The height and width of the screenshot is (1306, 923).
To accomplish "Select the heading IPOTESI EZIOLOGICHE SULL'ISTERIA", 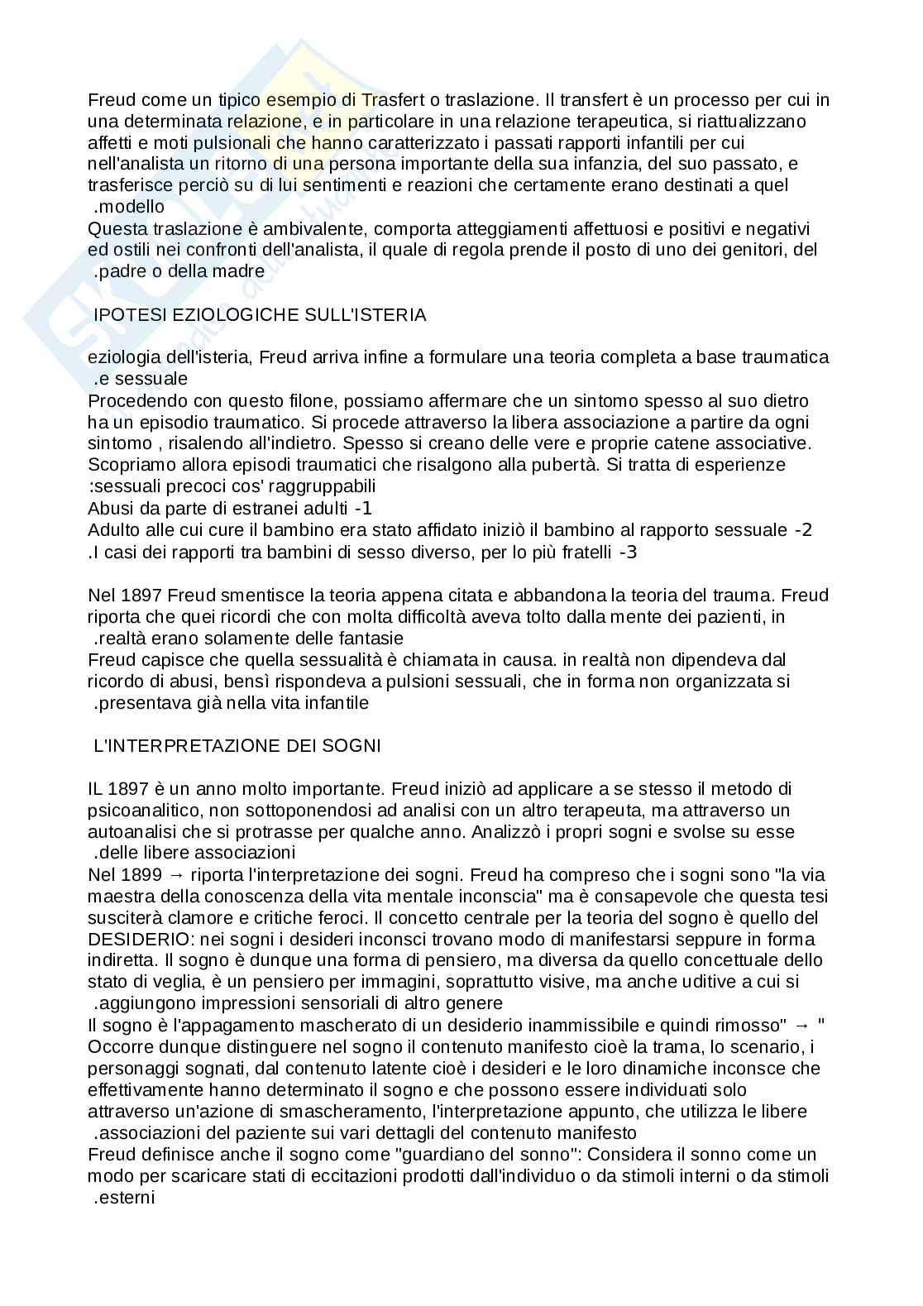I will [261, 314].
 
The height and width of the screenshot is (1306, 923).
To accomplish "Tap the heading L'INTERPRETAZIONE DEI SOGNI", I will [238, 745].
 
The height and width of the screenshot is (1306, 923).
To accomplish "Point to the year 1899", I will [141, 875].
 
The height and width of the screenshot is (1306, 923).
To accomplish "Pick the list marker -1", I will [363, 509].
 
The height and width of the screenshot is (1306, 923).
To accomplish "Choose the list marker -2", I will [803, 530].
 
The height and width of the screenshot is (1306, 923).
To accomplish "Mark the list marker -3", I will [628, 552].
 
